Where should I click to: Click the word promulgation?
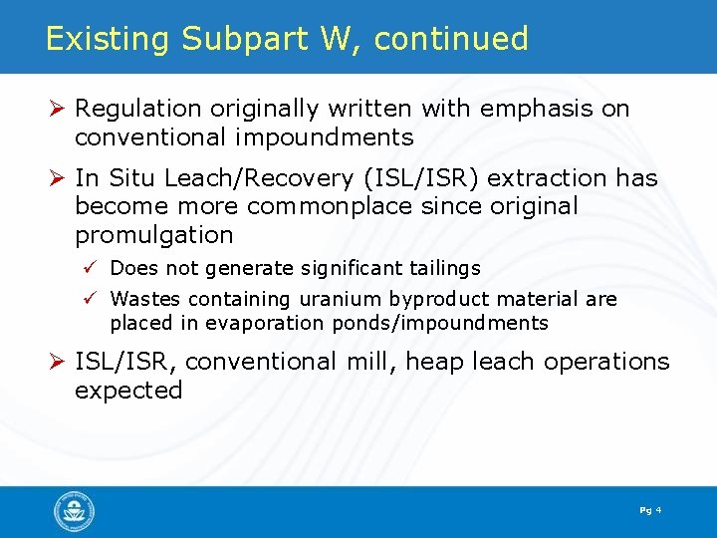click(154, 235)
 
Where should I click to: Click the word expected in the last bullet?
click(128, 390)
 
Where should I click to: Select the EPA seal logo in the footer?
click(75, 512)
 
